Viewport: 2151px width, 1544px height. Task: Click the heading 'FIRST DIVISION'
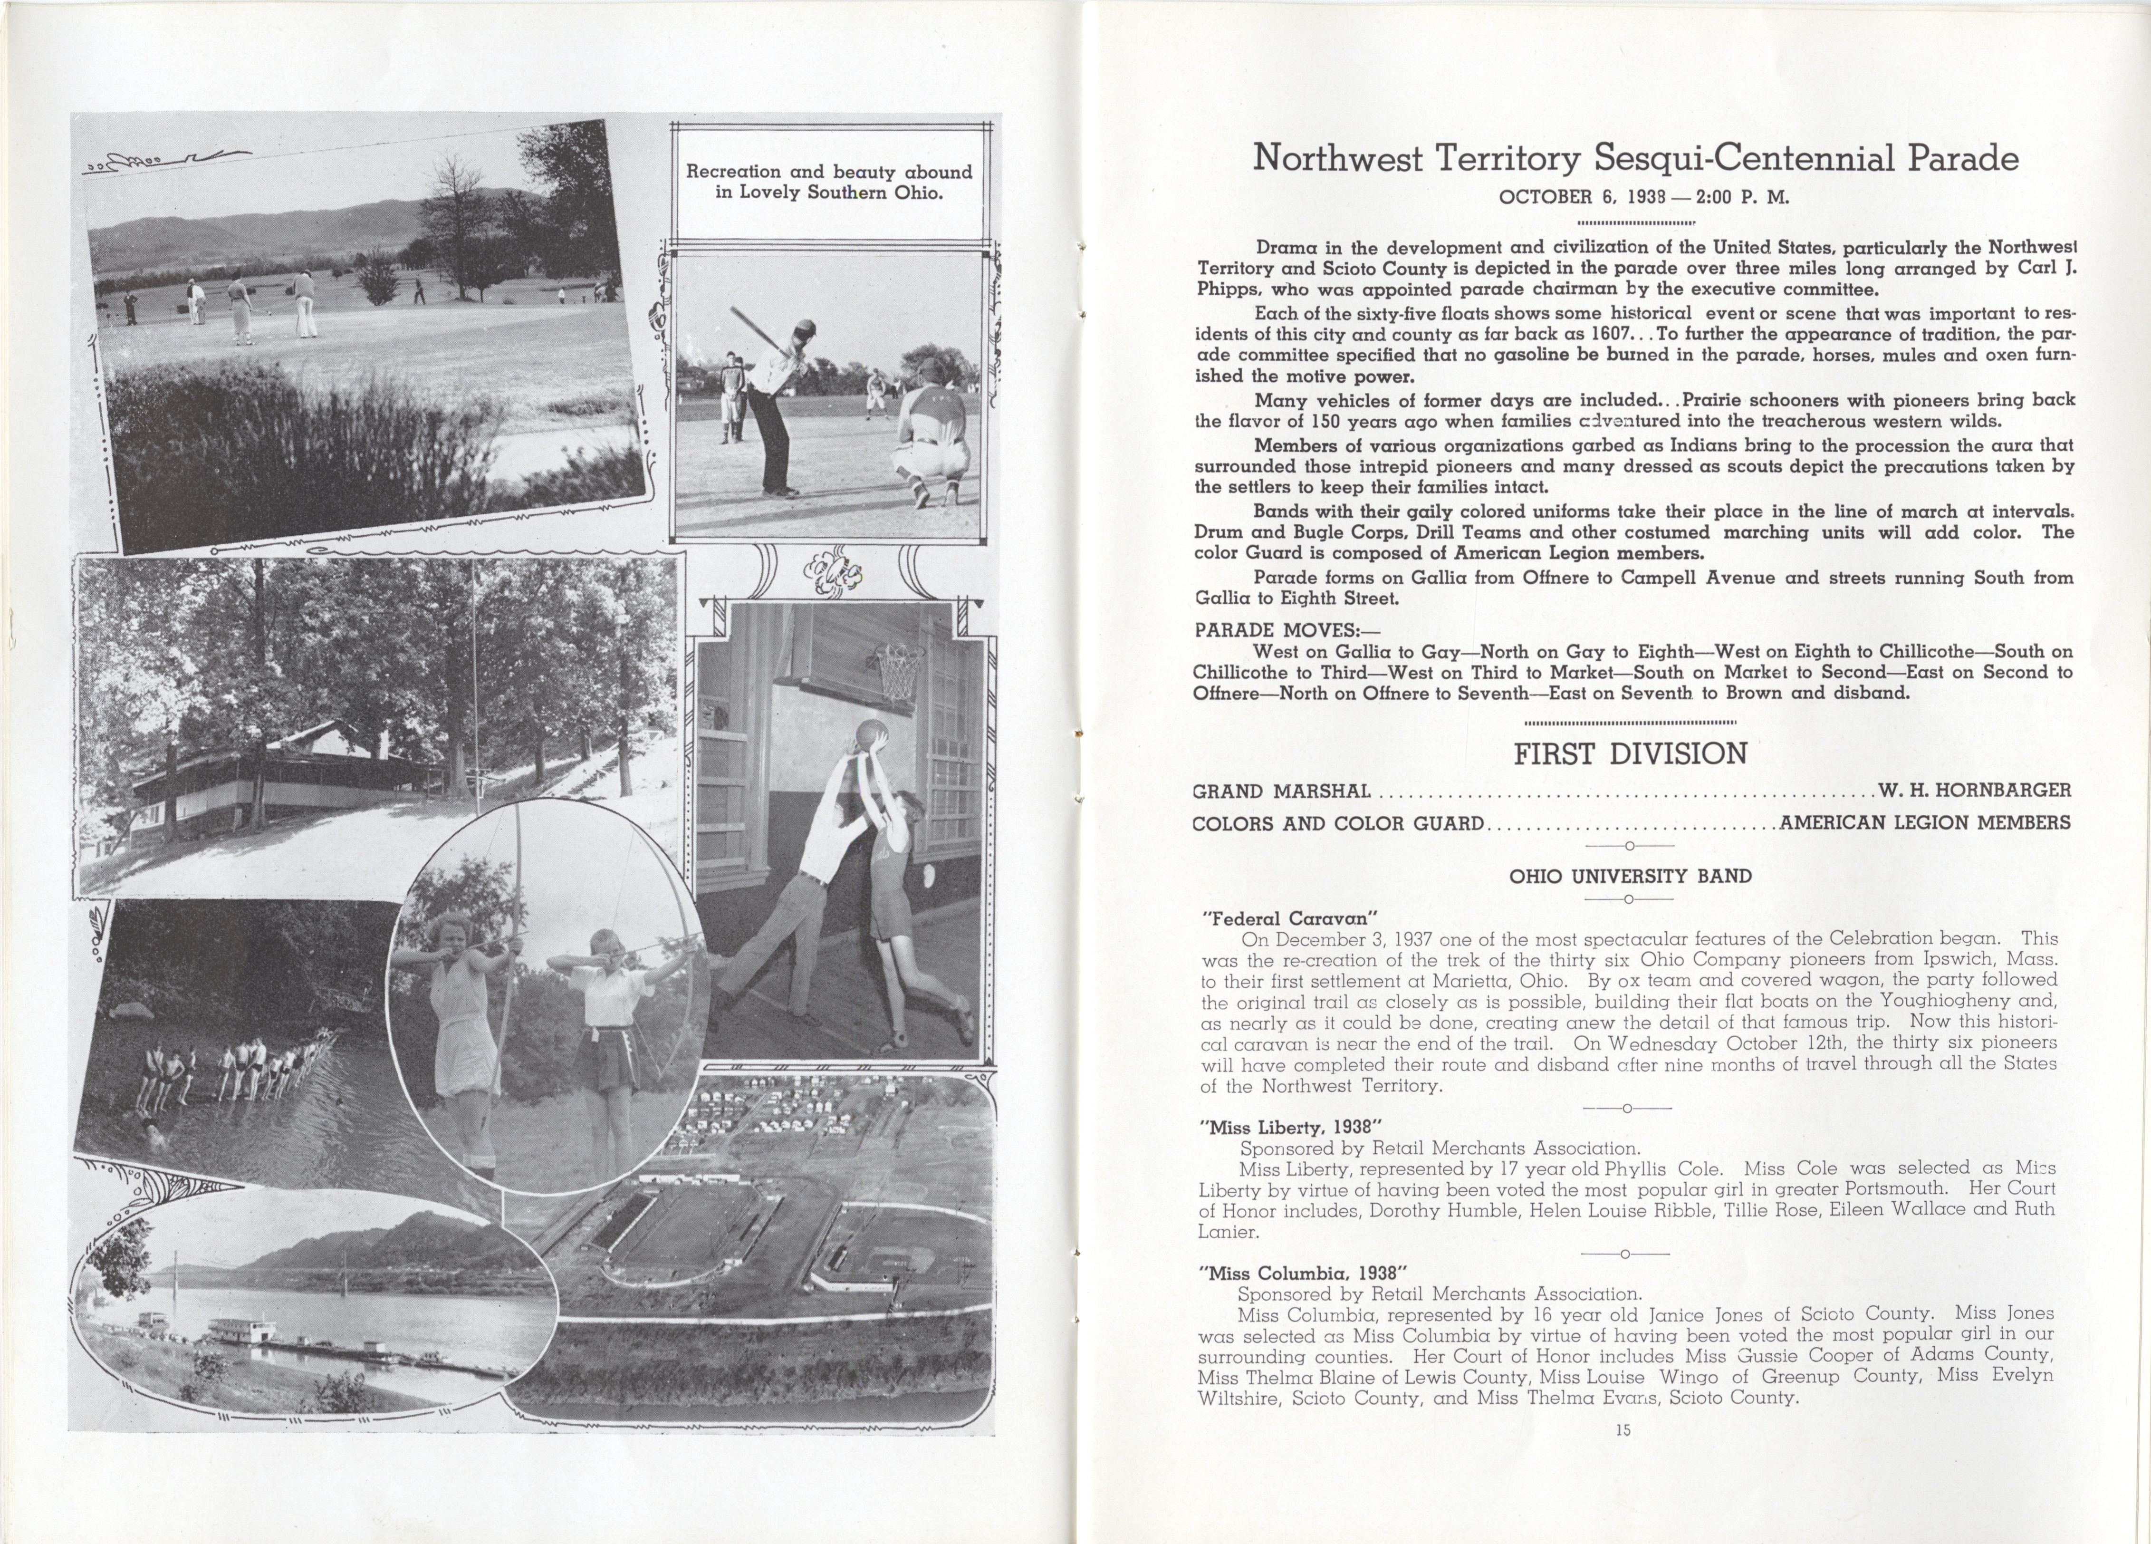point(1629,754)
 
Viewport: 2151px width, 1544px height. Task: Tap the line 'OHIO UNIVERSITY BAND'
point(1629,876)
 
